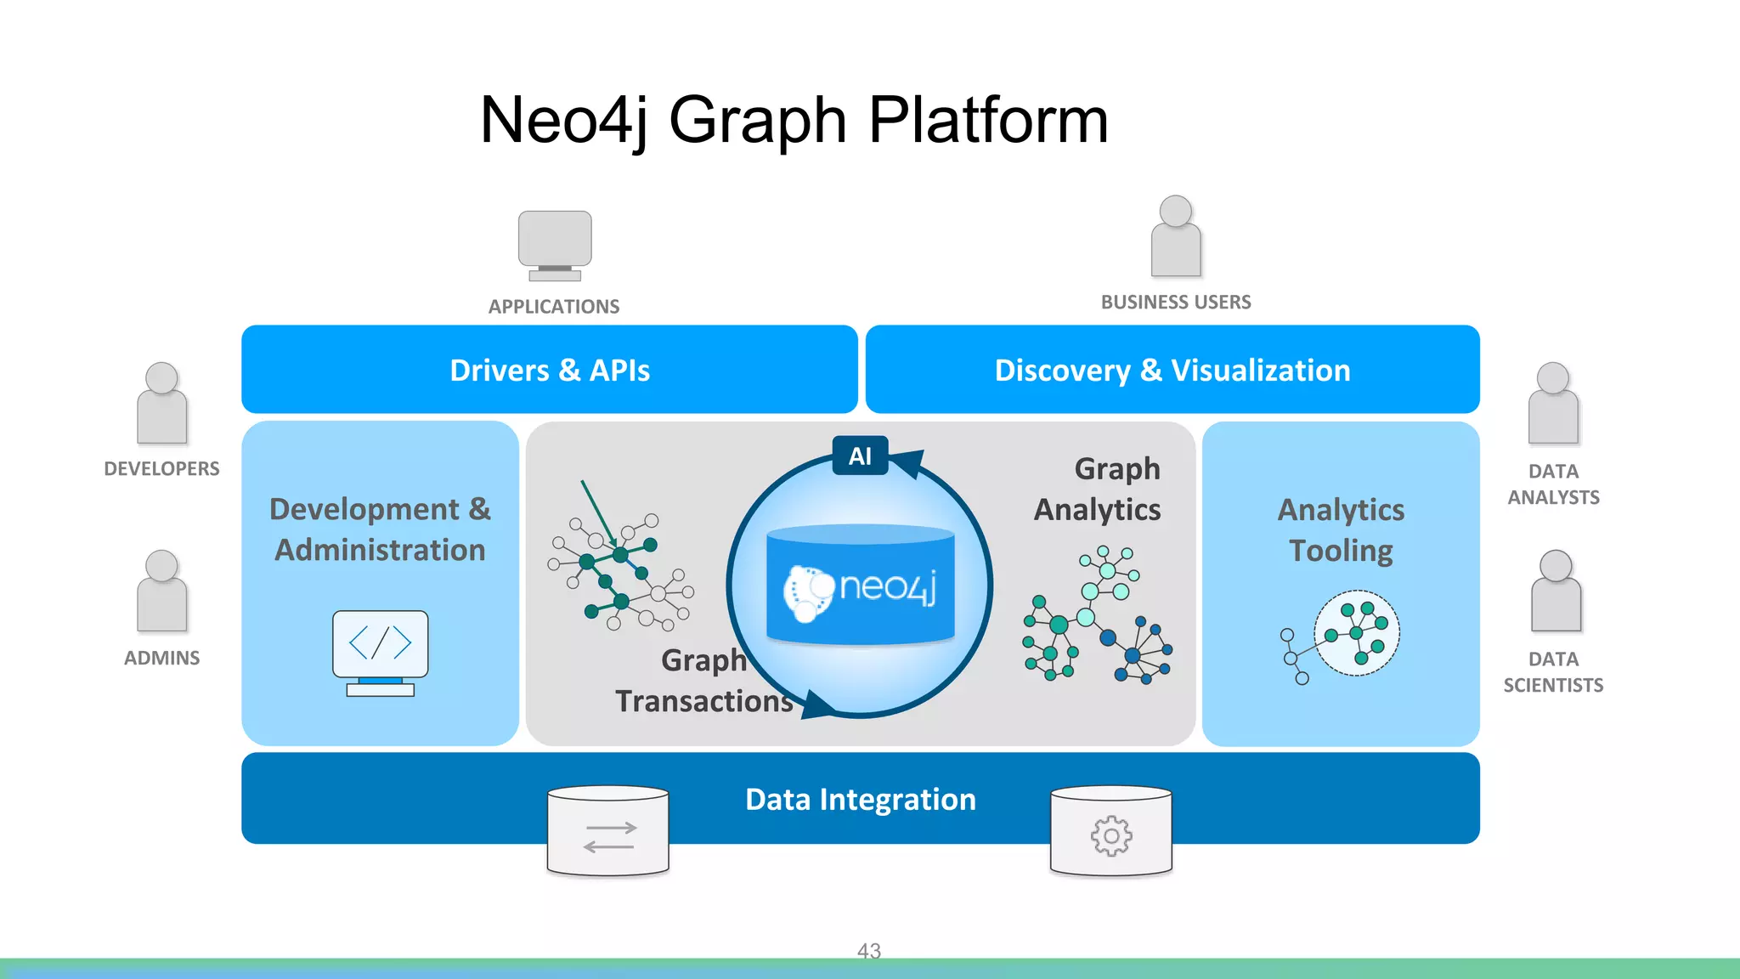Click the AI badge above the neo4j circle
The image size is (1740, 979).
point(860,456)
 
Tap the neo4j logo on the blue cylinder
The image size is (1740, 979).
point(860,587)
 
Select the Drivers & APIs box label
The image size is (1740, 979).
point(550,371)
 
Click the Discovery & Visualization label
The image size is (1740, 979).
point(1172,371)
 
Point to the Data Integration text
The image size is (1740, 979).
point(861,800)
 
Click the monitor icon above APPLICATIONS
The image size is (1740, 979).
point(555,245)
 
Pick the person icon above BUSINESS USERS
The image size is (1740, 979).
point(1176,237)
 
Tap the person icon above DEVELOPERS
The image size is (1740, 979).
point(161,404)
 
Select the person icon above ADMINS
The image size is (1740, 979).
point(161,591)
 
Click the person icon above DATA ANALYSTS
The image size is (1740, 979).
point(1553,404)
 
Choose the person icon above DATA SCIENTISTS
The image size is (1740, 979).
point(1556,591)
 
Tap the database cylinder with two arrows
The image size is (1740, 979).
point(608,830)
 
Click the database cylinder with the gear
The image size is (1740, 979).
point(1111,830)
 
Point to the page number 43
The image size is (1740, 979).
point(869,950)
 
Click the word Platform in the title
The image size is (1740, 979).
point(988,120)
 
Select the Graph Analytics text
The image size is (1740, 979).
point(1098,489)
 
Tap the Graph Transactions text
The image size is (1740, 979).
point(704,681)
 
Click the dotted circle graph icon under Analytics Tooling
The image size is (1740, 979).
point(1356,633)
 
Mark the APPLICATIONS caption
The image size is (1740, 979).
point(554,307)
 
